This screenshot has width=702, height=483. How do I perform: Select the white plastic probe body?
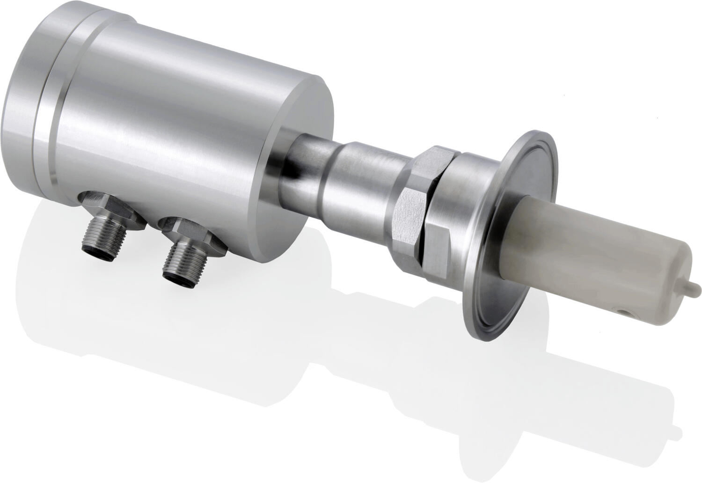point(585,253)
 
